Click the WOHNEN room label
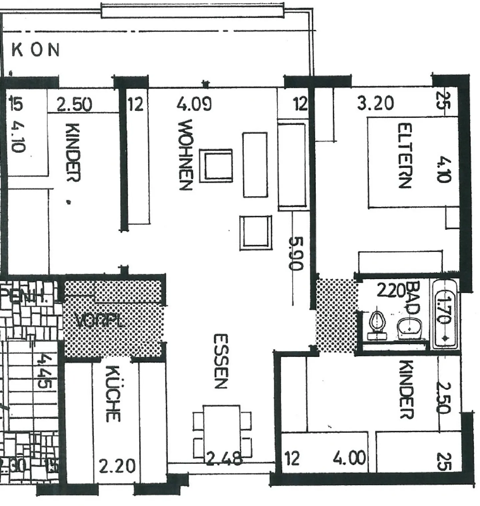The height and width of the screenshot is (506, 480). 185,155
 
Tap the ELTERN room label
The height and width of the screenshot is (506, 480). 405,156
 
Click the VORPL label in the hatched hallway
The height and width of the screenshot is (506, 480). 100,321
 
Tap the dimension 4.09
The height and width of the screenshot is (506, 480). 194,104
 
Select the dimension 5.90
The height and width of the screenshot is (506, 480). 296,253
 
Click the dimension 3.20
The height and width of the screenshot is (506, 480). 375,103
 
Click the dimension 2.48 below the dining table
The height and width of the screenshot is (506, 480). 223,459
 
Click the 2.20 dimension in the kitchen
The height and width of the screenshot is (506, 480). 117,466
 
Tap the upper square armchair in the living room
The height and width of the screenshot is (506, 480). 216,166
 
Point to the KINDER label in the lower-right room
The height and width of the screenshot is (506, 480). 407,389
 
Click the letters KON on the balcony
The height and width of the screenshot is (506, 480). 36,50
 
